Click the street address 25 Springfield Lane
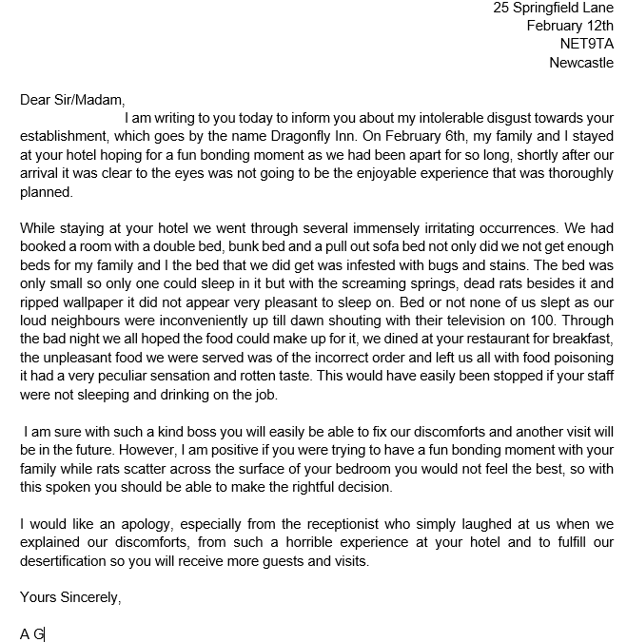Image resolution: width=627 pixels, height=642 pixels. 553,8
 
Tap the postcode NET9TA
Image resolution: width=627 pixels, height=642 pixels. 587,44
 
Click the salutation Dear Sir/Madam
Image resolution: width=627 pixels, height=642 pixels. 71,99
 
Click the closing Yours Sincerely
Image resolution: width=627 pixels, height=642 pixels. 70,597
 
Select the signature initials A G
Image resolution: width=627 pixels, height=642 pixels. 31,633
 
